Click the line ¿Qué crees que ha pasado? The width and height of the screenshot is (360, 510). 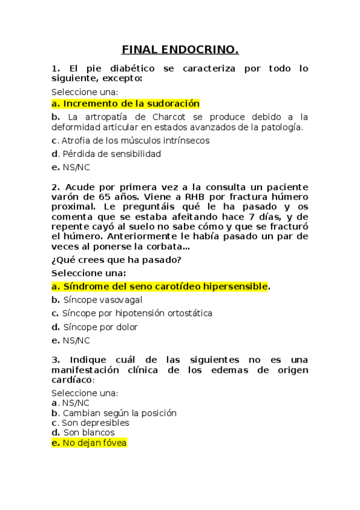coord(116,260)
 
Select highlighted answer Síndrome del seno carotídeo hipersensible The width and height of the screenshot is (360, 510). coord(160,286)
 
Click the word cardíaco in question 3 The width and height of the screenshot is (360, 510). coord(72,379)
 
